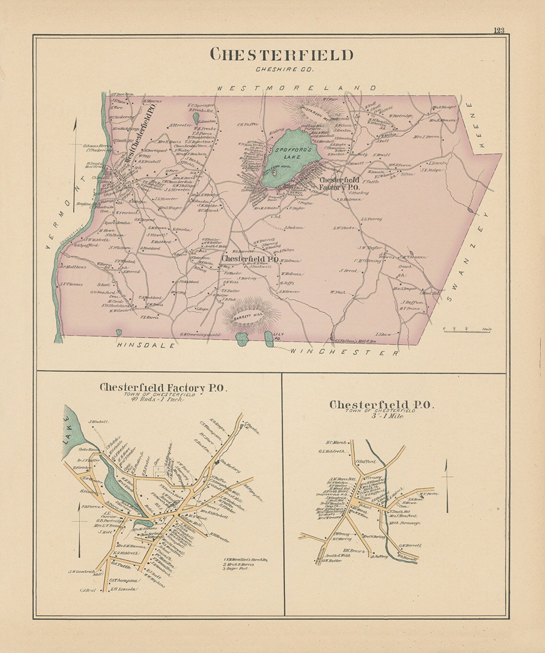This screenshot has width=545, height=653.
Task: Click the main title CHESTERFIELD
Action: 281,55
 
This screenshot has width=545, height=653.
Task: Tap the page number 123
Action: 499,30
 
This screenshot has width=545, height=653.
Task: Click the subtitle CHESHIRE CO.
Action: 285,70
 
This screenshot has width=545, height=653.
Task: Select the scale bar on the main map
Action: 467,329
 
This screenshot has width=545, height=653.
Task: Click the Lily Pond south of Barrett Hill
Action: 269,339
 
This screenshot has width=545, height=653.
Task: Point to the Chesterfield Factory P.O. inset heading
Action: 163,388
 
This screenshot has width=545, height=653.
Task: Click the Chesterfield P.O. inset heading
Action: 382,405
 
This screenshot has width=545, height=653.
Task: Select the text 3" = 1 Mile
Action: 382,416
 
